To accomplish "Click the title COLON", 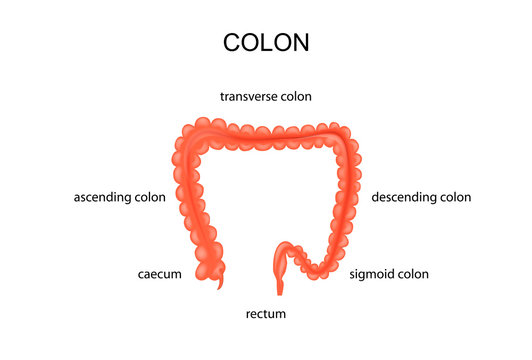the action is coord(265,43).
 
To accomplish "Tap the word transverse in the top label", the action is coord(250,97).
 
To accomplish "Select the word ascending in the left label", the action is coord(103,197).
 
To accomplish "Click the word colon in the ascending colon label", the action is coord(151,197).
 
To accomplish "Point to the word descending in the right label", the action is coord(404,197).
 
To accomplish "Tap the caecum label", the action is coord(159,273).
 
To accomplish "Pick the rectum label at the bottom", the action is coord(266,314).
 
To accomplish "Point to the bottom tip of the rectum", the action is coord(281,293).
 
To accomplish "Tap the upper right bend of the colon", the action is coord(345,137).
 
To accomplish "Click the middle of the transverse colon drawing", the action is coord(266,129).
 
